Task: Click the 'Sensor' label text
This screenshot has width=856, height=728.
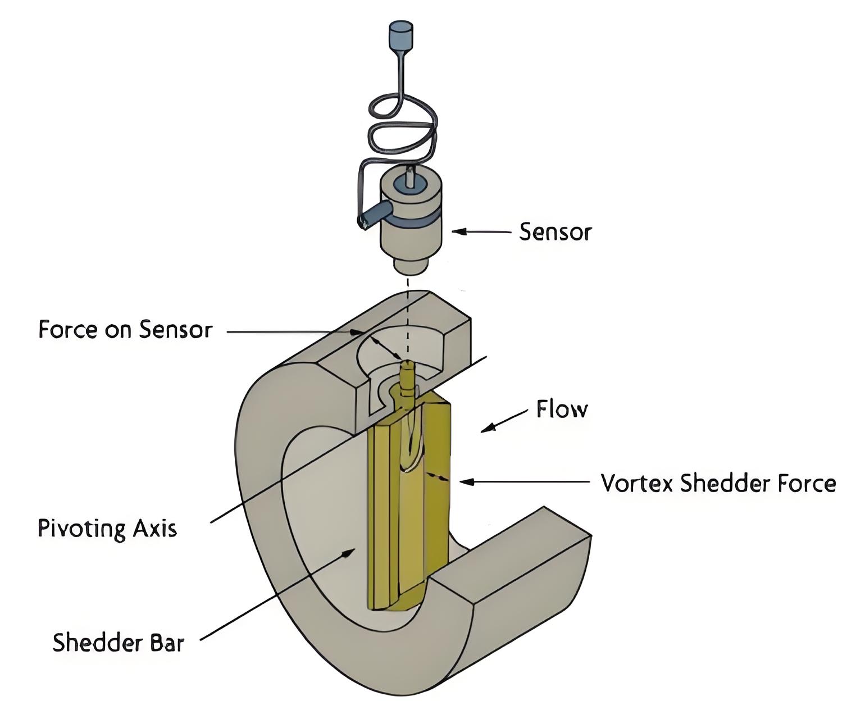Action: pyautogui.click(x=555, y=231)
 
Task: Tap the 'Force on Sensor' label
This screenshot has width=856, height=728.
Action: pyautogui.click(x=125, y=329)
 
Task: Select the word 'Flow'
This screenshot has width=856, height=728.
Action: pyautogui.click(x=562, y=409)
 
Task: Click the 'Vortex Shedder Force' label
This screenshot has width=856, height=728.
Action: pyautogui.click(x=718, y=483)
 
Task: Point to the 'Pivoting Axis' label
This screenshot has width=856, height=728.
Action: pyautogui.click(x=107, y=529)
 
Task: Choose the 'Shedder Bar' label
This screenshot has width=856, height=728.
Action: pyautogui.click(x=118, y=642)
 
